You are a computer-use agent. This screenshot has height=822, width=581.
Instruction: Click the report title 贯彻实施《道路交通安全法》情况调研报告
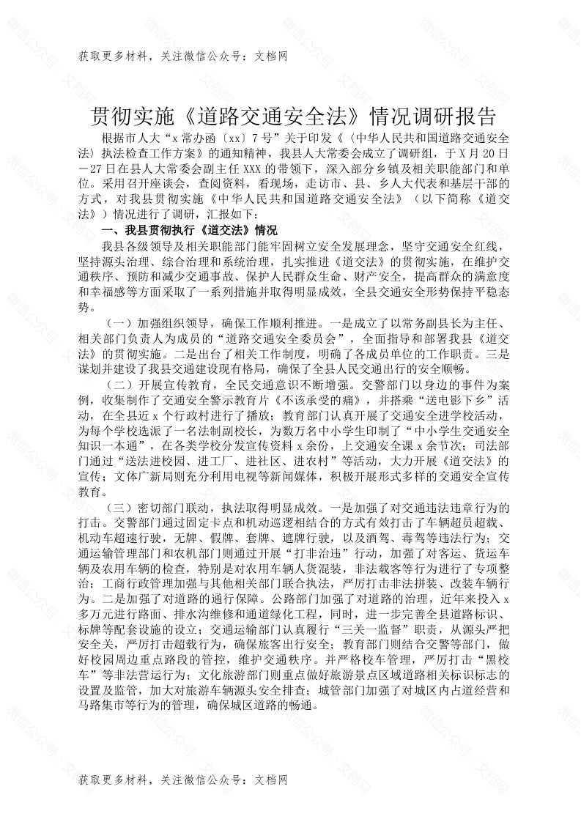click(290, 116)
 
